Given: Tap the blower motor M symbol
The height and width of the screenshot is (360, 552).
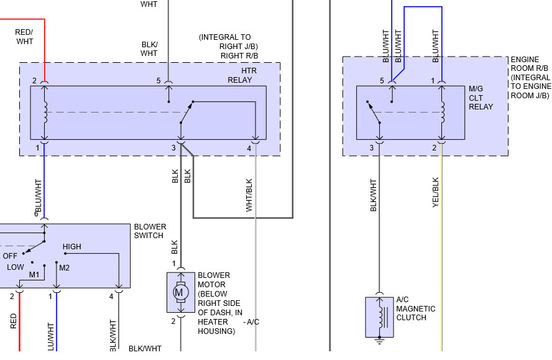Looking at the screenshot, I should point(180,292).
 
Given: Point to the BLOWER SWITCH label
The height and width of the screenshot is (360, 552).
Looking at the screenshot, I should point(149,231).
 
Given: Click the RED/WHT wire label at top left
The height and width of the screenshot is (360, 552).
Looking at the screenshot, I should point(24,36).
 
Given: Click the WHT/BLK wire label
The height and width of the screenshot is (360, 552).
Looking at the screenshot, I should point(249,195).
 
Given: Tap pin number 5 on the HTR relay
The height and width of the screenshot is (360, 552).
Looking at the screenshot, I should point(159,81).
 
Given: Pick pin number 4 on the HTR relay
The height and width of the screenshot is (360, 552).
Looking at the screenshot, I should point(249,148).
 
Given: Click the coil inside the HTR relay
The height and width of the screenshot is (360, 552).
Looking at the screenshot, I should point(45,112).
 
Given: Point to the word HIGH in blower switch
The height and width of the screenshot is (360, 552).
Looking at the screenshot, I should point(71,247).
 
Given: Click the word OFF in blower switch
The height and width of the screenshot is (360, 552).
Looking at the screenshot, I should point(10,256).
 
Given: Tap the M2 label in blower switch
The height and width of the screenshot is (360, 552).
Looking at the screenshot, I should point(64,267).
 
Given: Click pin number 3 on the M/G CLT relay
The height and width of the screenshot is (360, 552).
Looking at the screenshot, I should point(372,148).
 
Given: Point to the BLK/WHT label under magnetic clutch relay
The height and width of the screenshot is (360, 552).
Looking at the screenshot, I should point(374,195).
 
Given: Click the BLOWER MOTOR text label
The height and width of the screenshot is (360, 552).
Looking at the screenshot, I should point(213,279).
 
